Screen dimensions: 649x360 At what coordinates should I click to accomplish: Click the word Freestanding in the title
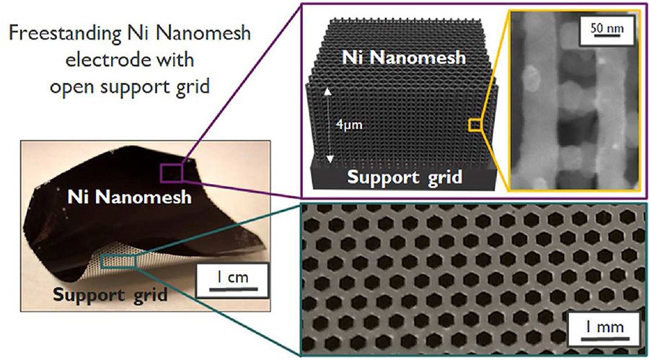[65, 33]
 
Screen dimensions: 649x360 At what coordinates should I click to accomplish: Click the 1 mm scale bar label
[604, 327]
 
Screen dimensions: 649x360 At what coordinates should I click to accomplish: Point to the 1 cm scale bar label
[233, 277]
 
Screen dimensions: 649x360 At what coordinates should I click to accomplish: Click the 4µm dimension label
[349, 124]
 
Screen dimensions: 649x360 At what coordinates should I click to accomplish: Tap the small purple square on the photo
[171, 172]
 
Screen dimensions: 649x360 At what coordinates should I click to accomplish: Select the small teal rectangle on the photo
[118, 261]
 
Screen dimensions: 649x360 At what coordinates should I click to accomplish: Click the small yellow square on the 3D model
[474, 125]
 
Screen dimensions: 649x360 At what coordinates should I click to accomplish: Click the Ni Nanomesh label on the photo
[130, 197]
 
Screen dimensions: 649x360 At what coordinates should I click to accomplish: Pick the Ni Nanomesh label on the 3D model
[404, 57]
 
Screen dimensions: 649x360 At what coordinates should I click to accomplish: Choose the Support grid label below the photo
[110, 295]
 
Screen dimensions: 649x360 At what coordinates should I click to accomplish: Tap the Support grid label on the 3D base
[405, 177]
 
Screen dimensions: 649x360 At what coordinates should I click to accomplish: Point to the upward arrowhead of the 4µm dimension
[328, 91]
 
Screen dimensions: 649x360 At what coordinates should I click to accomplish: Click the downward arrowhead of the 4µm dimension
[330, 159]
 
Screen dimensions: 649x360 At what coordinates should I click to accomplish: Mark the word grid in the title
[193, 88]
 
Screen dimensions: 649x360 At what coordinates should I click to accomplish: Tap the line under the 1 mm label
[605, 339]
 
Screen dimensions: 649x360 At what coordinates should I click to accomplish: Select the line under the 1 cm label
[234, 289]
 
